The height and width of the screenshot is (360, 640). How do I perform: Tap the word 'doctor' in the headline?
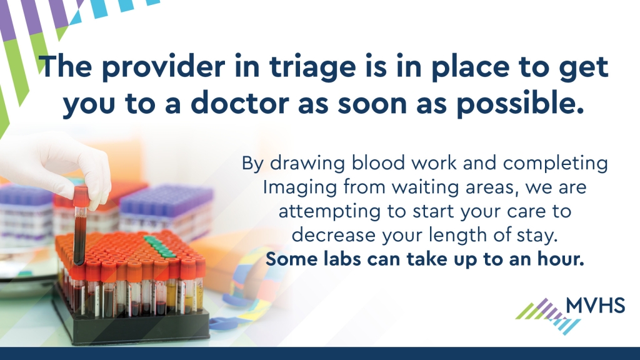pyautogui.click(x=240, y=103)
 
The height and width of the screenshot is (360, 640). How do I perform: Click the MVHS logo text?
pyautogui.click(x=595, y=305)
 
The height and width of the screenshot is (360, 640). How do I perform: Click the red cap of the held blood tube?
pyautogui.click(x=81, y=196)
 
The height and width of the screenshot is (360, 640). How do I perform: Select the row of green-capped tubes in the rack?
pyautogui.click(x=159, y=246)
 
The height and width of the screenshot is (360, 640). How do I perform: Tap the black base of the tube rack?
pyautogui.click(x=131, y=322)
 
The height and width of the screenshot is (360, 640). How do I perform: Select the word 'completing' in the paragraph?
pyautogui.click(x=556, y=164)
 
